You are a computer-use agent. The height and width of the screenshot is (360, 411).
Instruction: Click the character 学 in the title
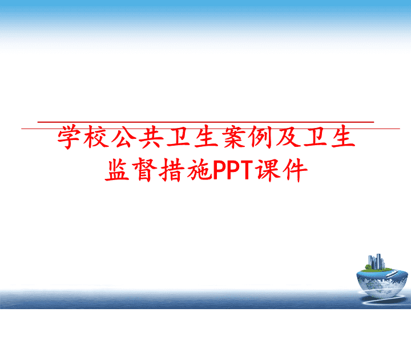pos(68,137)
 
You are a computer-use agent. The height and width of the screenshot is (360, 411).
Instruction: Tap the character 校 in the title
pos(96,137)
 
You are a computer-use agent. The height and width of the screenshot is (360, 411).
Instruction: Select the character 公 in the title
pos(124,137)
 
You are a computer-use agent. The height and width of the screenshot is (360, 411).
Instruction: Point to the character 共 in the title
pos(151,137)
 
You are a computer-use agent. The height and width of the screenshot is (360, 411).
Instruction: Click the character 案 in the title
pos(233,137)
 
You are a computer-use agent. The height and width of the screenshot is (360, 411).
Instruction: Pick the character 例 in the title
pos(261,137)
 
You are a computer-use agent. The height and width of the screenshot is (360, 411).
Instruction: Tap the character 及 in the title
pos(288,137)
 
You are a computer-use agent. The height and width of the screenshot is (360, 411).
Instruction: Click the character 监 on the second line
pos(117,170)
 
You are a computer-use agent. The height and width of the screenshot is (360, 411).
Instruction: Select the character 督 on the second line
pos(144,170)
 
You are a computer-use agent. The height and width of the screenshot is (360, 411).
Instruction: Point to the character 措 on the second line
pos(172,170)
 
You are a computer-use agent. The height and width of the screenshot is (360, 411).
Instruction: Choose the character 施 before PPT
pos(199,170)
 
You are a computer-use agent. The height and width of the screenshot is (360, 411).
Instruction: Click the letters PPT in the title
pos(233,170)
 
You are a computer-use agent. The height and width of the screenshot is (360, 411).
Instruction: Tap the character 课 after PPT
pos(268,170)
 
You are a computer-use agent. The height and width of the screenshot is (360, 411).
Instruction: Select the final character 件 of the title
pos(296,170)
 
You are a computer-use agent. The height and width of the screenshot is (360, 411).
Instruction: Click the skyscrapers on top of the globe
pos(376,261)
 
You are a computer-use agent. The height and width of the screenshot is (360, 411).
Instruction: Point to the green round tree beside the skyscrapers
pos(368,267)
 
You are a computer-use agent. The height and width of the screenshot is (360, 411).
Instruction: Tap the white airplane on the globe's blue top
pos(392,274)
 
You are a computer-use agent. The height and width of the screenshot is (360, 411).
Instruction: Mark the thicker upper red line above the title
pos(205,122)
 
